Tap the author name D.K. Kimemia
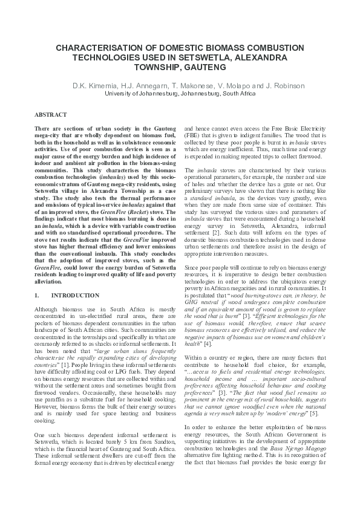94,85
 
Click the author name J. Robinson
267,85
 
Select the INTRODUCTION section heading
76,296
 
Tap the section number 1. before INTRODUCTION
38,296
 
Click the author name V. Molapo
224,85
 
